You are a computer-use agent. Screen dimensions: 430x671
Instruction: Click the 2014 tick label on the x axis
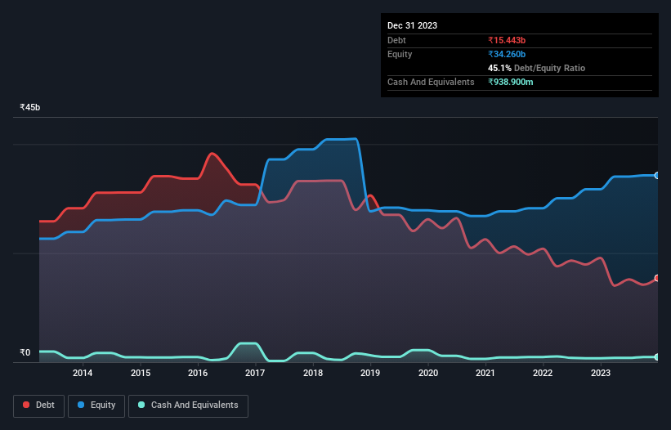tap(83, 374)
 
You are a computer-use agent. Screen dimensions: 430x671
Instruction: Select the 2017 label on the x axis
tap(255, 374)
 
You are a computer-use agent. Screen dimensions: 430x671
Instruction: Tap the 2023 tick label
tap(601, 374)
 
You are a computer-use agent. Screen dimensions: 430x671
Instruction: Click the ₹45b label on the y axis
tap(30, 108)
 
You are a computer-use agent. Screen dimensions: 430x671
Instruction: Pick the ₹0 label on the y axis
tap(25, 353)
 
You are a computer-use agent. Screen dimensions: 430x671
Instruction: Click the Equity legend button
tap(97, 405)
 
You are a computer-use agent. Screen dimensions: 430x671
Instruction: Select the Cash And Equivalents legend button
tap(188, 405)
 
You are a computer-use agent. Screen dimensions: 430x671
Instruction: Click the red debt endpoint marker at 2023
tap(657, 278)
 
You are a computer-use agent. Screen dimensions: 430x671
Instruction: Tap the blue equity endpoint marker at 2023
tap(657, 176)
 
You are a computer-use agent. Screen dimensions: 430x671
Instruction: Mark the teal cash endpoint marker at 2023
tap(657, 357)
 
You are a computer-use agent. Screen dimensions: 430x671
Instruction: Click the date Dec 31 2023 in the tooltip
tap(412, 25)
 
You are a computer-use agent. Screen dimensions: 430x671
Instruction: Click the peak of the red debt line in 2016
tap(212, 153)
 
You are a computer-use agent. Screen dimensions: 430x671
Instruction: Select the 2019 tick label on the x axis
tap(370, 374)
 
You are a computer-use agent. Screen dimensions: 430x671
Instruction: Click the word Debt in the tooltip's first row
tap(396, 40)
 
